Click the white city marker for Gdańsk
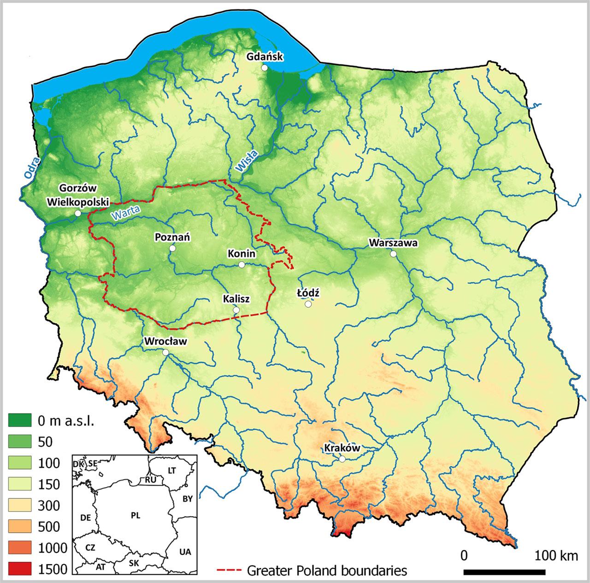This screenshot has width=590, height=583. [x=265, y=68]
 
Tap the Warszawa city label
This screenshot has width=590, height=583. [x=393, y=243]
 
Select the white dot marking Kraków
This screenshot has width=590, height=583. [x=342, y=459]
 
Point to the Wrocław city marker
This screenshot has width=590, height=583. [x=165, y=352]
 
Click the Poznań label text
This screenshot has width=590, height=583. [x=172, y=237]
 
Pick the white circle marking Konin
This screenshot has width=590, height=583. [x=242, y=265]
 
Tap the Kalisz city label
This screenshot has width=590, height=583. [x=236, y=299]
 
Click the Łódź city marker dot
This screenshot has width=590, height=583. [x=308, y=304]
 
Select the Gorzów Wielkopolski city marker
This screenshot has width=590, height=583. [x=77, y=214]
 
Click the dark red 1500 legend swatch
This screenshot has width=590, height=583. [x=20, y=569]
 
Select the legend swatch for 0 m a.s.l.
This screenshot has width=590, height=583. [x=20, y=420]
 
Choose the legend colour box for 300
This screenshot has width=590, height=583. [x=20, y=505]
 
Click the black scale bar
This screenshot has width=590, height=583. [x=504, y=571]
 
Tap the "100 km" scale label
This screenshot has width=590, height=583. [x=556, y=556]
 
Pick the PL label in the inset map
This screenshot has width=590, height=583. [x=135, y=516]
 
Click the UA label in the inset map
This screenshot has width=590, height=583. [x=185, y=552]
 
